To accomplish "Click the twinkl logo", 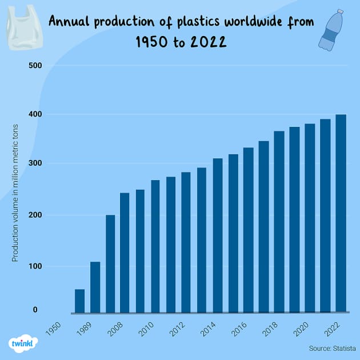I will point(23,344).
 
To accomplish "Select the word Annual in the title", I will point(70,22).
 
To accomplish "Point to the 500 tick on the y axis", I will point(35,66).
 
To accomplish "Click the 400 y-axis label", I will point(35,115).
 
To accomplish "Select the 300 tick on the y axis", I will point(35,164).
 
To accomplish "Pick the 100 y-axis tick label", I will point(35,266).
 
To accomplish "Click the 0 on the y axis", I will point(35,310).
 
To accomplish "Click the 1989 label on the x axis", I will point(85,329).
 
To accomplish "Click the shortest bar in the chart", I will point(80,301).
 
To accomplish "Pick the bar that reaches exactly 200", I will point(110,263).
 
